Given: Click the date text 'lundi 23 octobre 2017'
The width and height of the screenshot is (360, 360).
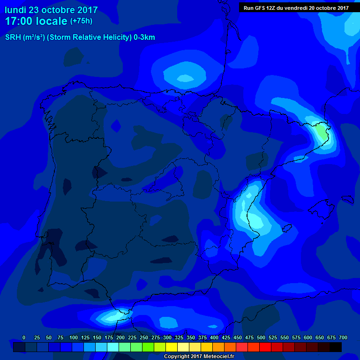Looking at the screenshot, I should (51, 10).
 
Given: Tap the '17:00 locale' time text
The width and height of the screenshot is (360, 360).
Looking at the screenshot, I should (36, 21).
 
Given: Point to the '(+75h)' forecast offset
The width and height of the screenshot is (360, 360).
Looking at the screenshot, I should (81, 21).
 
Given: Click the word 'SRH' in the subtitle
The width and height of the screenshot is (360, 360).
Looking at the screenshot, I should (14, 37).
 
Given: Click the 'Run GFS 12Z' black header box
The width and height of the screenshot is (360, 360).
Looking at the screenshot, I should (296, 7).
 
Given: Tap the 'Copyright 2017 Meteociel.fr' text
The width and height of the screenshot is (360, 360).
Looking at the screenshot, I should (199, 356).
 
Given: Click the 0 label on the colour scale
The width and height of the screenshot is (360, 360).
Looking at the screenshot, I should (24, 337).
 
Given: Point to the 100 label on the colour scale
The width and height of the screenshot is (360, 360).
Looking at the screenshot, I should (74, 337).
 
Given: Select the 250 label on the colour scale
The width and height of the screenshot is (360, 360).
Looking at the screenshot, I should (144, 337).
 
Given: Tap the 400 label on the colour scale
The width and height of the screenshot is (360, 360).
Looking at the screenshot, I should (214, 337).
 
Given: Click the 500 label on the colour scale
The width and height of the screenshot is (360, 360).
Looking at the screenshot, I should (261, 337).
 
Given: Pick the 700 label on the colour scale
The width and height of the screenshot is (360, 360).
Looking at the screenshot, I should (343, 337).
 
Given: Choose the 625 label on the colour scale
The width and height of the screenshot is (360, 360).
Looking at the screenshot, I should (320, 337).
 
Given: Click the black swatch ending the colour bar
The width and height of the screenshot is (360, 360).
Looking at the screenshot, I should (335, 347).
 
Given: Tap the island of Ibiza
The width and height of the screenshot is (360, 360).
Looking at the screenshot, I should (287, 228).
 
